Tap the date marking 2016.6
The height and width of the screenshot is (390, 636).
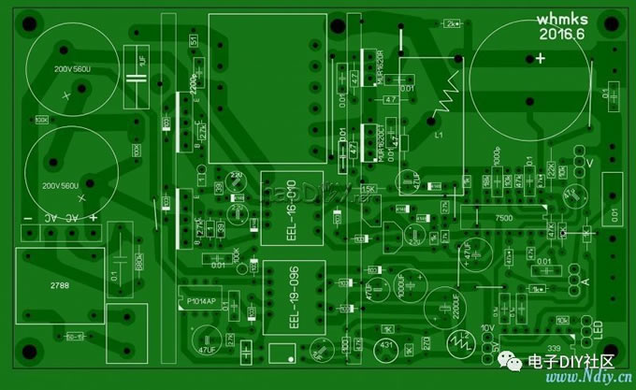(561, 34)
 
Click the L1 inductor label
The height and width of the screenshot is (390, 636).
(438, 137)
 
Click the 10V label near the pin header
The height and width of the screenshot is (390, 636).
(486, 329)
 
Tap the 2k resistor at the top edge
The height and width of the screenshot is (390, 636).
(454, 23)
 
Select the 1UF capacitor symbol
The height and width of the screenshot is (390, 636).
(141, 62)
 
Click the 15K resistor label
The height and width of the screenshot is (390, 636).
(368, 189)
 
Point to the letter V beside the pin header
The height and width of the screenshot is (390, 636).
(589, 163)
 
